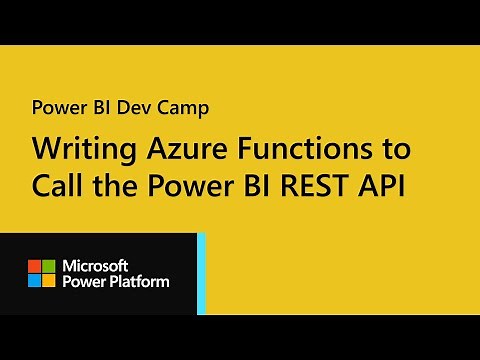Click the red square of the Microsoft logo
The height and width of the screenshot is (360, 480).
pos(34,266)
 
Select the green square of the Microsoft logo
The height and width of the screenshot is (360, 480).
pos(47,266)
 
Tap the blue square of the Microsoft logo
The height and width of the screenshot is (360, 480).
pos(34,280)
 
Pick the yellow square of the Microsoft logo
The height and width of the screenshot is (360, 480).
pos(47,280)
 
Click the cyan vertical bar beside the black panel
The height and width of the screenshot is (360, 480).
pos(201,273)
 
